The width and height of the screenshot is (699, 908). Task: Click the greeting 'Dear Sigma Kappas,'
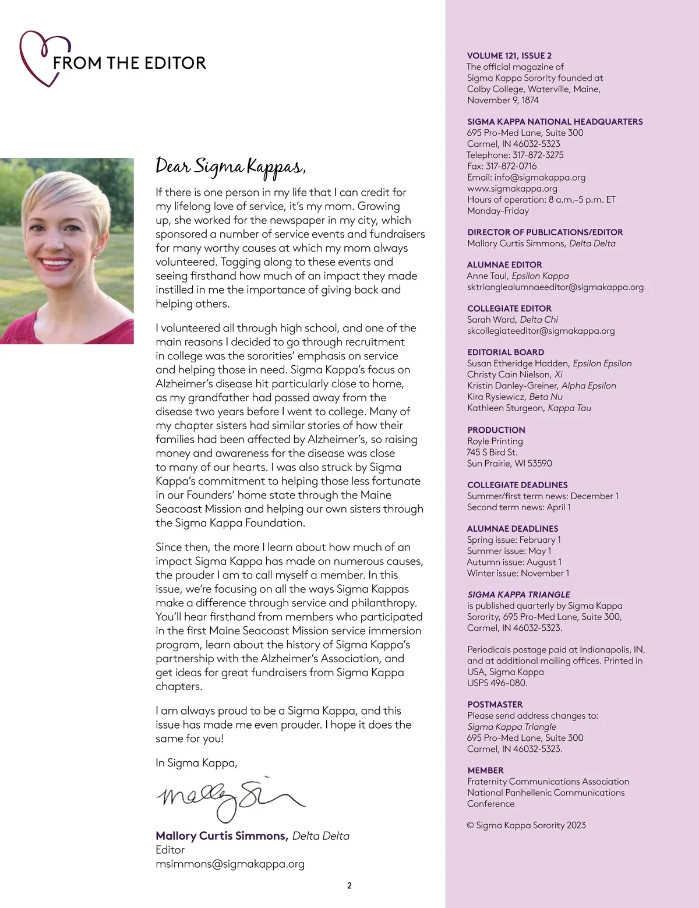[x=230, y=167]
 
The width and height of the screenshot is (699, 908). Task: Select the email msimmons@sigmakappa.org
[x=230, y=864]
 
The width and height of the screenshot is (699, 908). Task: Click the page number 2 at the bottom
[x=349, y=886]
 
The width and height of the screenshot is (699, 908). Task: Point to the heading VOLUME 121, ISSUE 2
[x=509, y=56]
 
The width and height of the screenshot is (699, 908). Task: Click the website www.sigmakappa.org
[x=512, y=189]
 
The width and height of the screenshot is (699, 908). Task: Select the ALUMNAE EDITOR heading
[x=504, y=265]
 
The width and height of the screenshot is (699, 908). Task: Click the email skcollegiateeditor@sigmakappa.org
[x=541, y=331]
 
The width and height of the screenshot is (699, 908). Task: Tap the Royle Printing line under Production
[x=495, y=441]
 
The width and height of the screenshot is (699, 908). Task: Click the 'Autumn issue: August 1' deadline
[x=514, y=562]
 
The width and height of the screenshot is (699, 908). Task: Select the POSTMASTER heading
[x=495, y=705]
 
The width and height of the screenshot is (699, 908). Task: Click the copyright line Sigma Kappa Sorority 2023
[x=527, y=825]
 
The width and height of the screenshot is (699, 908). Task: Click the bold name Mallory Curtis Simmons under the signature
[x=221, y=836]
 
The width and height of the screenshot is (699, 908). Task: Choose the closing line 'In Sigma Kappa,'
[x=196, y=763]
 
